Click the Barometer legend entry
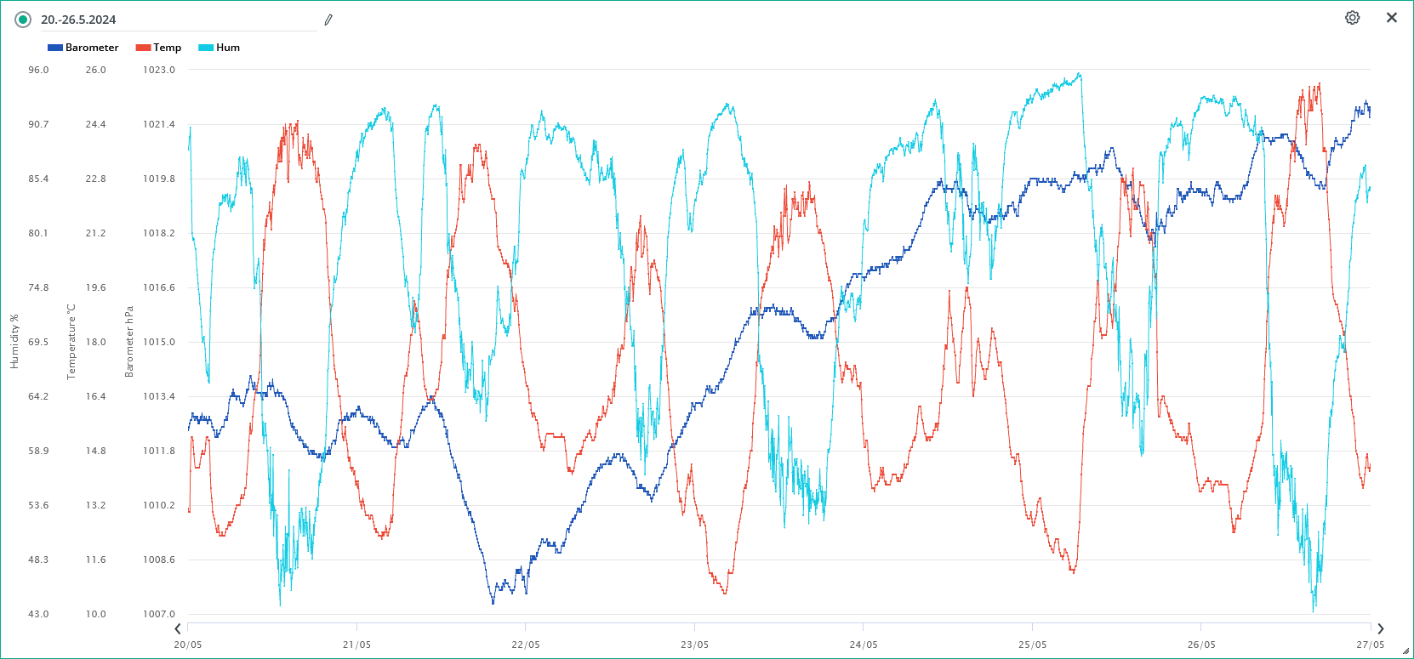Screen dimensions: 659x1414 (83, 48)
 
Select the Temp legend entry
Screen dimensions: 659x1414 (159, 48)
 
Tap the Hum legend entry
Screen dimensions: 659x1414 (220, 48)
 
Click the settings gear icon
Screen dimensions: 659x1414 (1352, 18)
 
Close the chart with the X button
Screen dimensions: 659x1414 (1392, 18)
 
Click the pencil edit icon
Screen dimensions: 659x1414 (328, 20)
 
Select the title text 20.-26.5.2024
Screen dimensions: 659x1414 (78, 20)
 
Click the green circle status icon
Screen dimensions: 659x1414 (23, 20)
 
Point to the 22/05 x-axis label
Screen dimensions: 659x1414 (525, 645)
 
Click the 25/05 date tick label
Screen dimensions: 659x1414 (1032, 645)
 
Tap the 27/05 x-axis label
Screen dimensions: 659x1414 (1370, 645)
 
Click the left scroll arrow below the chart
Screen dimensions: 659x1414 (178, 629)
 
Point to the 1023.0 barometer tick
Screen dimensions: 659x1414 (159, 70)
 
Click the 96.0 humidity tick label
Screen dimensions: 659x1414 (38, 70)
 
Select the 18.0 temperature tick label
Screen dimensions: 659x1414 (95, 342)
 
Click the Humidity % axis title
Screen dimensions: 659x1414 (14, 342)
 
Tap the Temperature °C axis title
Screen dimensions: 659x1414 (71, 342)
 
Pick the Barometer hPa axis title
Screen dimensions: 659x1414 (129, 342)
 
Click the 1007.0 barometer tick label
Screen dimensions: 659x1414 (159, 614)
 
